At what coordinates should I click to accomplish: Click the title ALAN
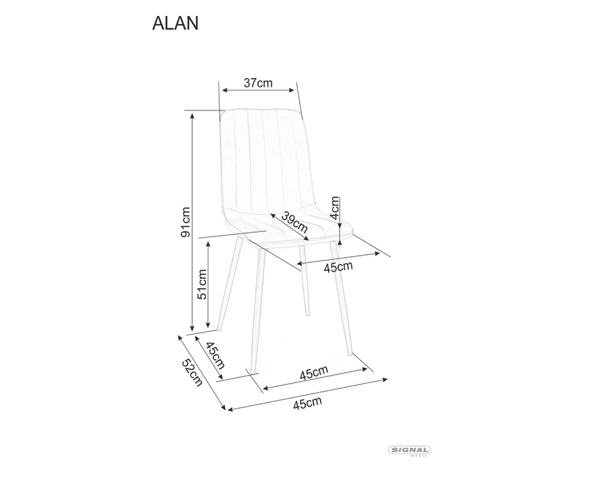[x=175, y=23]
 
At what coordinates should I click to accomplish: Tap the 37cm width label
[x=258, y=83]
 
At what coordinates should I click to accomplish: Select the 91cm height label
[x=186, y=222]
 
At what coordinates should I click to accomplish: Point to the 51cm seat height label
[x=202, y=284]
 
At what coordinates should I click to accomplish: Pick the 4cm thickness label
[x=335, y=208]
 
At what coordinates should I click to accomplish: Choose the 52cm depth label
[x=193, y=374]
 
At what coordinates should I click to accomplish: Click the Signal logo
[x=409, y=451]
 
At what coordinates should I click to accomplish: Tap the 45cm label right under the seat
[x=338, y=266]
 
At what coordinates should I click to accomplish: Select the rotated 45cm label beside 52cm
[x=215, y=356]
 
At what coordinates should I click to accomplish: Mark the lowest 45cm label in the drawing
[x=307, y=402]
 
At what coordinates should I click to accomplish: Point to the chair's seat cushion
[x=291, y=225]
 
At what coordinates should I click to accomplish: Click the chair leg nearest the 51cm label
[x=228, y=285]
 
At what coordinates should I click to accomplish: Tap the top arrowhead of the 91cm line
[x=192, y=115]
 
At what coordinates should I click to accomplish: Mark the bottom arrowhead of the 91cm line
[x=192, y=329]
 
